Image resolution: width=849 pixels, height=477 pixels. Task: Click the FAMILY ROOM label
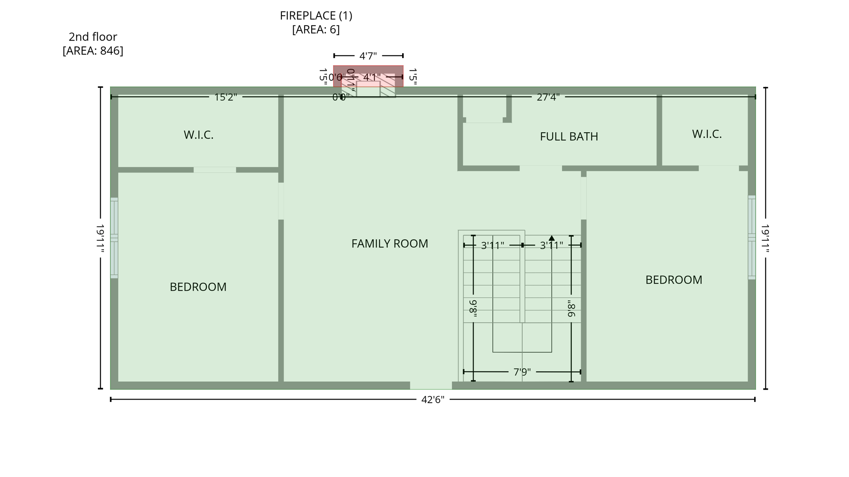pos(389,243)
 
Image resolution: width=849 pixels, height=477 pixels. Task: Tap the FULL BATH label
pos(569,136)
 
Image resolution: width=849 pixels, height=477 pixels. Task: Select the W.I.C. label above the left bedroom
pos(198,135)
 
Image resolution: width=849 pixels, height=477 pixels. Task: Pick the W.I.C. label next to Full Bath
pos(706,134)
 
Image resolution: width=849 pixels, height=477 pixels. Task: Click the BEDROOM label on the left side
pos(198,287)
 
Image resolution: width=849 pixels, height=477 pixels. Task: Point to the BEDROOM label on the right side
pos(674,280)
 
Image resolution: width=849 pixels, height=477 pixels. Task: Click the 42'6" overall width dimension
pos(432,399)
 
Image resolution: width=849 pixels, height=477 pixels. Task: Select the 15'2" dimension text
pos(226,97)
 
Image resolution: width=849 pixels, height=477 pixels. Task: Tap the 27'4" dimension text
pos(548,97)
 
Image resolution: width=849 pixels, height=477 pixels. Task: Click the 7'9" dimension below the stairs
pos(522,372)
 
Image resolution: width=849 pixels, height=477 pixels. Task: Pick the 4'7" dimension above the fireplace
pos(368,56)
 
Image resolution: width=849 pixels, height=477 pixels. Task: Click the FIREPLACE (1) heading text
pos(316,16)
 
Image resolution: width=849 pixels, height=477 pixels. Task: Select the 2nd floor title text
pos(93,37)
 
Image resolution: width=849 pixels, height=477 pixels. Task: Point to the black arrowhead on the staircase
pos(551,238)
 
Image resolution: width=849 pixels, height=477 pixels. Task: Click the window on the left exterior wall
pos(114,238)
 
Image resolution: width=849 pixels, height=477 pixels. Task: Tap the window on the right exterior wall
pos(751,237)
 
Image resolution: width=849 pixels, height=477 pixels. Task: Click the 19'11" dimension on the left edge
pos(100,238)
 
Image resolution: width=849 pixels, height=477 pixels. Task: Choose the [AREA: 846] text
pos(93,51)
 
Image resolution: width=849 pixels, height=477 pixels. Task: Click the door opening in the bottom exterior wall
pos(431,385)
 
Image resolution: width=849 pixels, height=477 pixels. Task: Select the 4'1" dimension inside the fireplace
pos(371,78)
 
